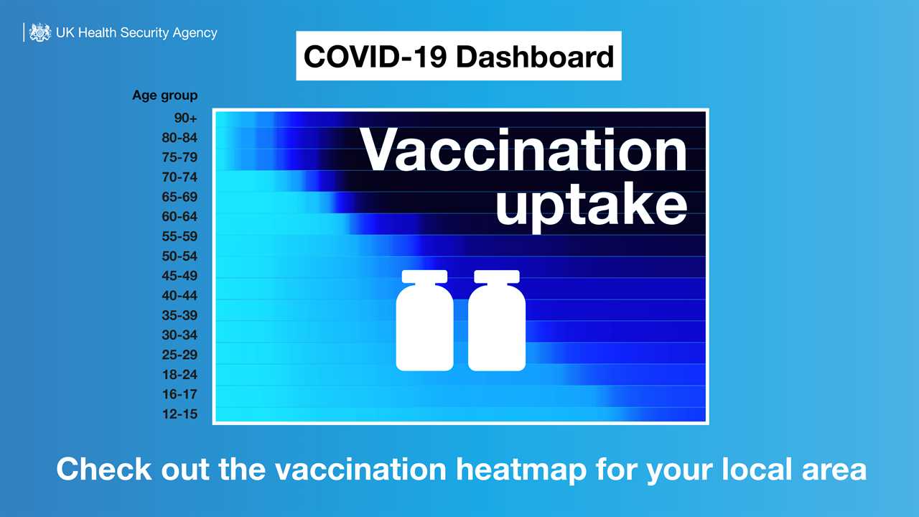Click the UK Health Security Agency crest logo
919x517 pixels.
click(39, 32)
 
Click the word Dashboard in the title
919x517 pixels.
click(535, 56)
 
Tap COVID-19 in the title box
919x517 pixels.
click(375, 56)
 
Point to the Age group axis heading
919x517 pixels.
click(164, 96)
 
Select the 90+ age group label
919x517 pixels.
click(185, 118)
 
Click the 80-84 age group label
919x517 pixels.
click(179, 138)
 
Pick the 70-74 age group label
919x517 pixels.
click(179, 177)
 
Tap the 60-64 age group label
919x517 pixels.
click(179, 217)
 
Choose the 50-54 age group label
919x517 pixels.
click(179, 256)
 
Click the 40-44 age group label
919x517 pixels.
click(179, 296)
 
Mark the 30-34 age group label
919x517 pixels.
click(179, 335)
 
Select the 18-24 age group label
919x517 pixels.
click(179, 375)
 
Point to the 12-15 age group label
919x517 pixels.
click(179, 414)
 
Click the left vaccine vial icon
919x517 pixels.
click(425, 321)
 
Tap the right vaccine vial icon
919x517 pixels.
click(497, 321)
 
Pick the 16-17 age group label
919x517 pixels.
click(179, 394)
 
